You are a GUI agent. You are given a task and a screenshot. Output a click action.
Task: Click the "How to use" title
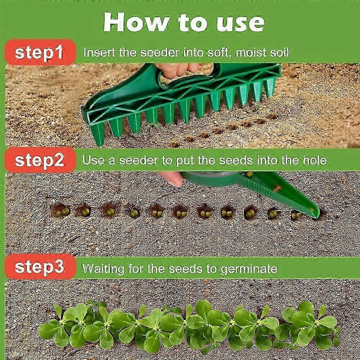(184, 22)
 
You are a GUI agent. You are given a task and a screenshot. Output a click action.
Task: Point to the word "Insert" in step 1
(98, 53)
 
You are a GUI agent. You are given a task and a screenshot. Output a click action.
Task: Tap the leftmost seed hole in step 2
(62, 211)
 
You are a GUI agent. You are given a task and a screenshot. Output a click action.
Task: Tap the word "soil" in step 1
(279, 53)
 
